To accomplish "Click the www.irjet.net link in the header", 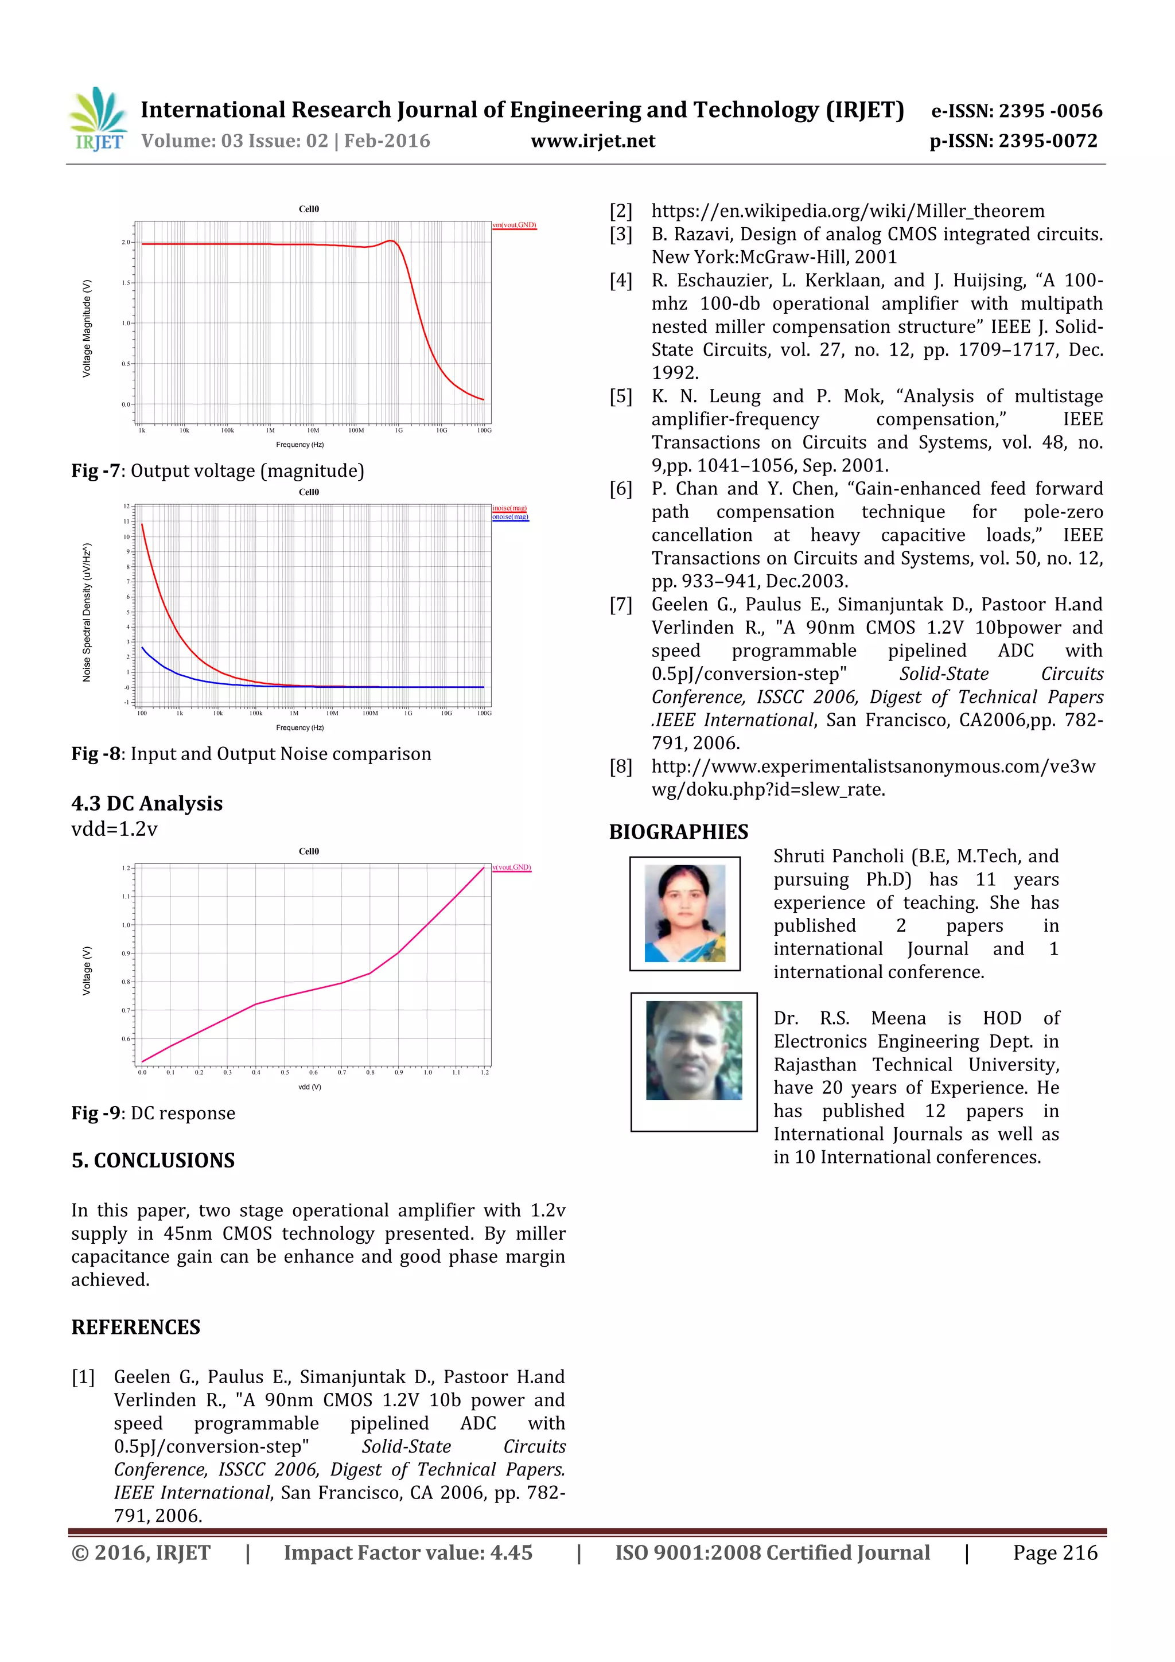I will tap(592, 141).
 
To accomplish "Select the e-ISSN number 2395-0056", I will tap(1050, 111).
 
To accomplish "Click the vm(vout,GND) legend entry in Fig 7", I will tap(514, 225).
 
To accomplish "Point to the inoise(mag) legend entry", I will tap(509, 508).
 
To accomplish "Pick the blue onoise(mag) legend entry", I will tap(511, 517).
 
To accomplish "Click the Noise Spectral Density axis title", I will tap(87, 612).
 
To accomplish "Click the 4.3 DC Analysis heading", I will tap(147, 804).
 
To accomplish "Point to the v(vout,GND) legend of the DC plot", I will tap(512, 867).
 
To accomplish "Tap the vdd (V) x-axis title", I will tap(309, 1087).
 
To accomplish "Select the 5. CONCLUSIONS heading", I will tap(153, 1161).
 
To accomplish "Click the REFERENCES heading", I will tap(135, 1327).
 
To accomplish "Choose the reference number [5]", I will tap(620, 396).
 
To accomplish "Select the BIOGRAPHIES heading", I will tap(678, 832).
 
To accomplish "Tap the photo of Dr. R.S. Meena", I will tap(694, 1050).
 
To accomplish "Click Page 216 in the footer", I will tap(1055, 1552).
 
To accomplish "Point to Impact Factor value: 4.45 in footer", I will tap(407, 1552).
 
